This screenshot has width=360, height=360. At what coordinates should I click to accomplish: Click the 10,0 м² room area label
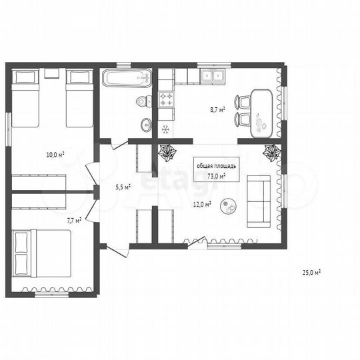click(x=55, y=155)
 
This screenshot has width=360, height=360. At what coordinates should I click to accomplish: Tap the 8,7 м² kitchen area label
click(x=217, y=109)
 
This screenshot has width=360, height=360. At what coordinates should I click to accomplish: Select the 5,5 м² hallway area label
click(x=123, y=187)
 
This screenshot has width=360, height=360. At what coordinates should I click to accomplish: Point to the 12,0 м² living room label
click(x=202, y=204)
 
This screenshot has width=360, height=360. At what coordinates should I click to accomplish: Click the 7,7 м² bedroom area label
click(x=74, y=221)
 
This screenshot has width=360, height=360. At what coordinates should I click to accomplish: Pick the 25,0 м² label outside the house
click(x=311, y=273)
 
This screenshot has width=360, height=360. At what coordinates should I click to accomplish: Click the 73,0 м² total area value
click(x=216, y=176)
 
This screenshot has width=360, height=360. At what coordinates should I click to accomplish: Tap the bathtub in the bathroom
click(x=127, y=78)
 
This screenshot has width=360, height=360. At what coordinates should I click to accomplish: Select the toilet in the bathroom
click(x=143, y=101)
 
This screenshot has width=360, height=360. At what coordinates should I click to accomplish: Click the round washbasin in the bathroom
click(x=146, y=125)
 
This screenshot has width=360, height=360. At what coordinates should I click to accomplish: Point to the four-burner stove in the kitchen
click(x=166, y=99)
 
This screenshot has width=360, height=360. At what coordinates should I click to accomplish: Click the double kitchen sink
click(x=213, y=76)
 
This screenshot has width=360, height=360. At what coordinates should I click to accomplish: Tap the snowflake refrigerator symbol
click(x=166, y=129)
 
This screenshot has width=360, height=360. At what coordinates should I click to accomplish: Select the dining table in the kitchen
click(x=261, y=113)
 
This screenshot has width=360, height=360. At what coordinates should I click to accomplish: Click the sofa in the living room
click(x=259, y=201)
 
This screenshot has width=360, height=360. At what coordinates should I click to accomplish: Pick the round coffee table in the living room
click(x=229, y=206)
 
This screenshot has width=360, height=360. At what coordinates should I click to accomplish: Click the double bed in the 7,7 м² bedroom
click(x=42, y=253)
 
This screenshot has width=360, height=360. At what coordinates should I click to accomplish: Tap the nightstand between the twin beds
click(x=52, y=73)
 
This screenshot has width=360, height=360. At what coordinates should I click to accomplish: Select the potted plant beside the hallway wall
click(x=168, y=152)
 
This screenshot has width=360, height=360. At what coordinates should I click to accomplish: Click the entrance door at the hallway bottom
click(x=117, y=251)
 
